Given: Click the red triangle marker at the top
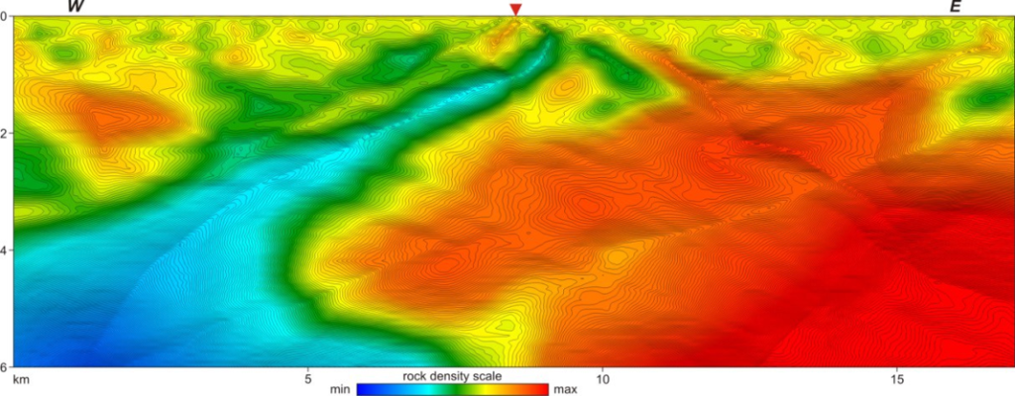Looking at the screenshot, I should [x=514, y=9].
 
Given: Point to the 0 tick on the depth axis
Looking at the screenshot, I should [x=5, y=17].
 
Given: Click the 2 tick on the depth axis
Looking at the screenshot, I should [x=5, y=134].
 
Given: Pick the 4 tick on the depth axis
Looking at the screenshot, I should [x=5, y=250].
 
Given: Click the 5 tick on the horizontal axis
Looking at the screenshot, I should [x=307, y=378].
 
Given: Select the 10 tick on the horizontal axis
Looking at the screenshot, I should [x=602, y=378].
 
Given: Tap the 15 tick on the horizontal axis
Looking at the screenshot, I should [x=896, y=378].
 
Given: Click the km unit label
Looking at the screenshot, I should [x=18, y=378].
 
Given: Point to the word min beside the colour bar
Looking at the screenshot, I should [x=340, y=389].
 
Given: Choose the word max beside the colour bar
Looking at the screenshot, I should [x=565, y=389].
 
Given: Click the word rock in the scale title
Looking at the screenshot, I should [x=415, y=377].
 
